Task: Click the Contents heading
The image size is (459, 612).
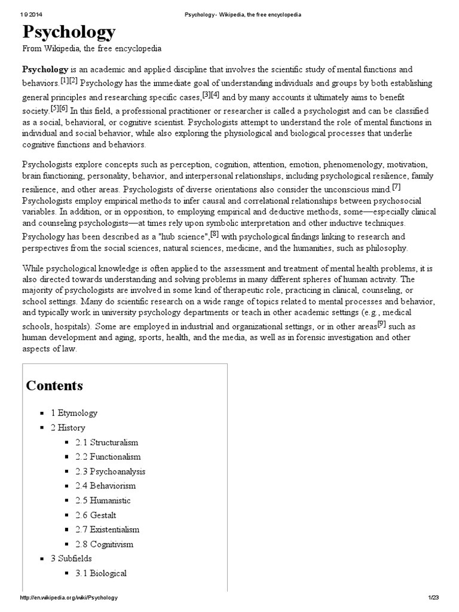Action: coord(54,385)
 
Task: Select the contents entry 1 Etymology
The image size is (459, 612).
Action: coord(74,413)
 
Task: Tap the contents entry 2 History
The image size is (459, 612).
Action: coord(68,428)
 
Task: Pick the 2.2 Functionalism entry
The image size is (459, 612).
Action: coord(108,457)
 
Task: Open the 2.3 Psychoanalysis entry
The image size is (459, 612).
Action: coord(110,472)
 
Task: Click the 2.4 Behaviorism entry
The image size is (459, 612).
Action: coord(105,486)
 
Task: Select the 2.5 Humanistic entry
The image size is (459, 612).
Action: coord(103,501)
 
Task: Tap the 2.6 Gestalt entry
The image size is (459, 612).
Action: coord(96,515)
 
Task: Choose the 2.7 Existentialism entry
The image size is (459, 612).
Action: coord(107,530)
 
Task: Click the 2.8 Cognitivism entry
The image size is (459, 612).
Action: coord(104,544)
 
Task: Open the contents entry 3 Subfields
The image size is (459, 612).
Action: coord(71,559)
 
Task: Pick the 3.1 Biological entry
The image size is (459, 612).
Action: coord(101,574)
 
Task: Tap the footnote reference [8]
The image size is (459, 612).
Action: coord(215,233)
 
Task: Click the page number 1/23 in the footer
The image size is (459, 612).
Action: coord(433,598)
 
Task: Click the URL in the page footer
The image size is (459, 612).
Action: coord(69,598)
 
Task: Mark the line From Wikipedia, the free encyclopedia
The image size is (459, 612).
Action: coord(92,48)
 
